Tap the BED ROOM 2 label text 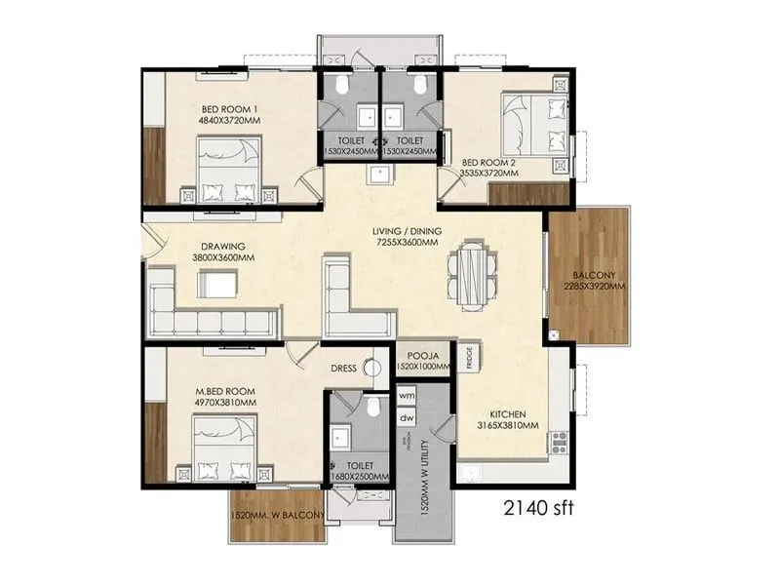tap(489, 162)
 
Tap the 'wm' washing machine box tap(407, 396)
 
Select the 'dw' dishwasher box tap(407, 417)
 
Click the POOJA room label tap(422, 356)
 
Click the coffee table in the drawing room tap(218, 284)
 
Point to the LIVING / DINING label tap(406, 231)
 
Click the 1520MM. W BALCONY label tap(277, 517)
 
